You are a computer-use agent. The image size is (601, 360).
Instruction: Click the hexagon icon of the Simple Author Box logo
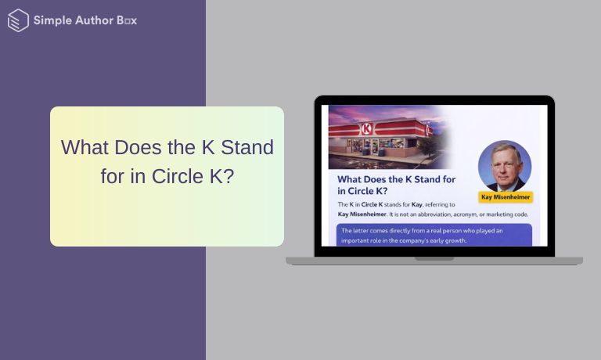[18, 20]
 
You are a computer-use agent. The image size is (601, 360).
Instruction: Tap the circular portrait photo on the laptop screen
[505, 166]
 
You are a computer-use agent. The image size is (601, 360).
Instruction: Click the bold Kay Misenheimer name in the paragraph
[364, 214]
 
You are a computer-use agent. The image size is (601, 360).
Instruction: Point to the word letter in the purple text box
[363, 232]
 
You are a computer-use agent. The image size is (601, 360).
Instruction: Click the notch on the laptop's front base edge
[434, 258]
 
